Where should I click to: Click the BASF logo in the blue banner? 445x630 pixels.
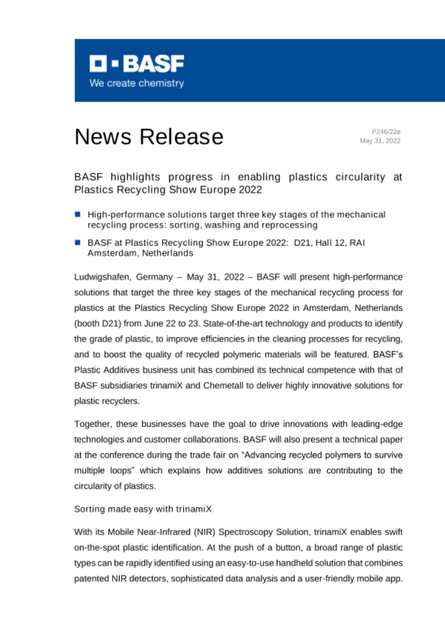[x=136, y=63]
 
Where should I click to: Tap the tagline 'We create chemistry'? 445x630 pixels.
[x=136, y=83]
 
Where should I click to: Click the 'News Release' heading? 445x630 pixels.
[x=149, y=136]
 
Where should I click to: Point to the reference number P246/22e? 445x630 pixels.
[x=386, y=131]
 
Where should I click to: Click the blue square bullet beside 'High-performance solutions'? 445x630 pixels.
[x=78, y=215]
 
